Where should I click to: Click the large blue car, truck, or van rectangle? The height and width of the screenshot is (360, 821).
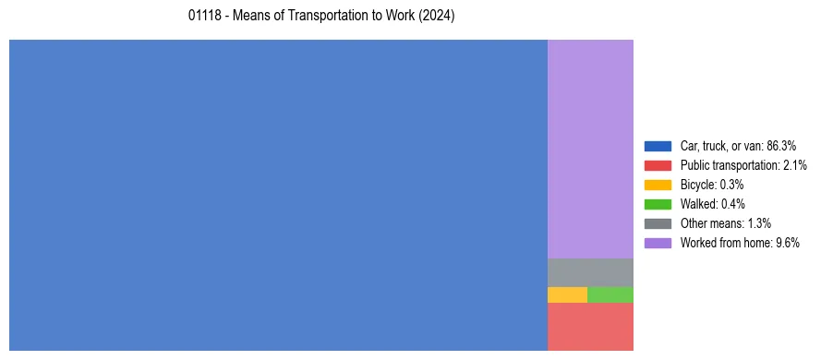coord(278,195)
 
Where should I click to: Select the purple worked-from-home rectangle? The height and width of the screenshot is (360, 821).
coord(590,149)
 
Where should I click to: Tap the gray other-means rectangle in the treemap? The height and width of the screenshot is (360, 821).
coord(590,272)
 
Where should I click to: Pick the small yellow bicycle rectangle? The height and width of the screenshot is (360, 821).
coord(567,294)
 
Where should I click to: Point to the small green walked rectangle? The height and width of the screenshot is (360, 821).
coord(610,294)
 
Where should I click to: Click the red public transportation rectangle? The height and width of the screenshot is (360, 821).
coord(590,327)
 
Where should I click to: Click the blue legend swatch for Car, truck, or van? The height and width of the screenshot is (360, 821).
coord(658,146)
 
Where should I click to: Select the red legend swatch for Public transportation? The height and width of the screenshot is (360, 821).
coord(658,165)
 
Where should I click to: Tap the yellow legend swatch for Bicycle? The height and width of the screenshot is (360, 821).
coord(658,185)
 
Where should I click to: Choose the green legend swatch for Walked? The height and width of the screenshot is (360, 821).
coord(658,204)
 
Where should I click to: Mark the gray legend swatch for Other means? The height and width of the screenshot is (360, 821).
coord(658,223)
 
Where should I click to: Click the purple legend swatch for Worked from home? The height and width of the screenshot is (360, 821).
coord(658,243)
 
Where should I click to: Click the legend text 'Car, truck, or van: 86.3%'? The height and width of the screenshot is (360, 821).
coord(738,146)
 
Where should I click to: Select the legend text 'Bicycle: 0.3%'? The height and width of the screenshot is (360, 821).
coord(711,185)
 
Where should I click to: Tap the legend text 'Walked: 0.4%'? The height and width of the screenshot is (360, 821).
coord(713,204)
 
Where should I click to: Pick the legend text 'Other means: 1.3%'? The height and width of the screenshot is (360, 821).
coord(725,223)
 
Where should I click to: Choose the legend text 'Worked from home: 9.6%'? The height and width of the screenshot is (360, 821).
coord(740,243)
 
